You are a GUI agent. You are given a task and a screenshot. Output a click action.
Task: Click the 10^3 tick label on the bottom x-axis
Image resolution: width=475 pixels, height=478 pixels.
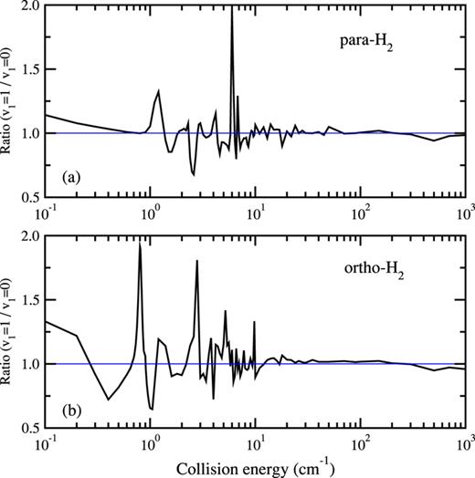pos(463,444)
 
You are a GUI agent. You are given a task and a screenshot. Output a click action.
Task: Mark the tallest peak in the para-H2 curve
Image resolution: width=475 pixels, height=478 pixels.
pos(232,9)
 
